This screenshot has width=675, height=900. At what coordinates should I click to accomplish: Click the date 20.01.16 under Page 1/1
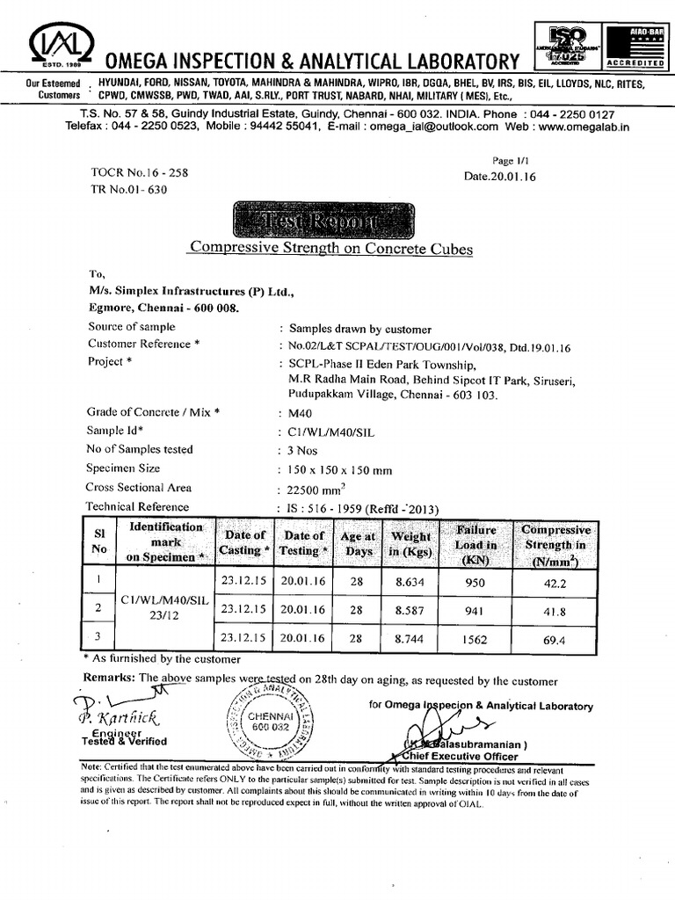click(x=499, y=176)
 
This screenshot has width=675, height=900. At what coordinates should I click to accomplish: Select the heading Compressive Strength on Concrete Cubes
click(x=331, y=250)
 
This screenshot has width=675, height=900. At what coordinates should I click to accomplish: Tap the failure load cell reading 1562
click(x=475, y=640)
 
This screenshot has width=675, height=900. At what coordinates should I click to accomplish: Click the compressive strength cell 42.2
click(x=555, y=581)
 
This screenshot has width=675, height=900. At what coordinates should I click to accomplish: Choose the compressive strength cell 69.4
click(x=555, y=641)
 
